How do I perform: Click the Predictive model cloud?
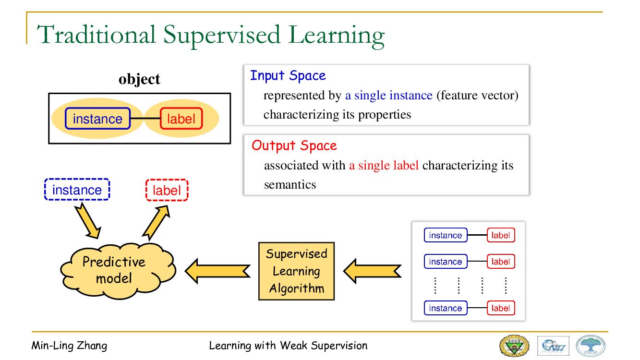tap(115, 270)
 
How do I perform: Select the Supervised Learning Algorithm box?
tap(296, 271)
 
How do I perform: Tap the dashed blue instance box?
tap(77, 190)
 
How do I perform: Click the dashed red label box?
tap(167, 190)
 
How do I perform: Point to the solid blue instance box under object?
tap(97, 119)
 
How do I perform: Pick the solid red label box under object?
tap(181, 119)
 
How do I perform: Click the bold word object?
tap(139, 79)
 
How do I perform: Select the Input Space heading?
tap(288, 75)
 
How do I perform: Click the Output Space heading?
tap(294, 145)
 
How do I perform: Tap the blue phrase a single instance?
tap(388, 96)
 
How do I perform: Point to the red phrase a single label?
tap(384, 166)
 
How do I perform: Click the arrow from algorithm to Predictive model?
tap(217, 271)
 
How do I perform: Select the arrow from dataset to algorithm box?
tap(372, 271)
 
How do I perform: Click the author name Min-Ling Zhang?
tap(69, 346)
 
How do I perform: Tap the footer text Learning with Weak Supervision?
tap(288, 346)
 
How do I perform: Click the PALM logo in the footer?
tap(591, 346)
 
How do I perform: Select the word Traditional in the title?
tap(96, 35)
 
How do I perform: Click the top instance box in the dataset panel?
tap(445, 235)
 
